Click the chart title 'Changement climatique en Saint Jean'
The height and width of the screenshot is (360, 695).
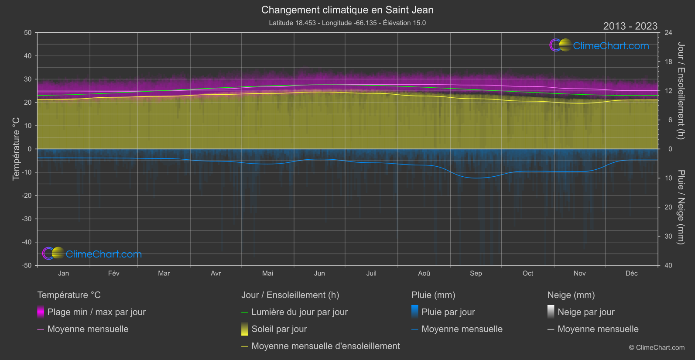tap(347, 10)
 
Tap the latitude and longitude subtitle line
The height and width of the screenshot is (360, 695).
tap(347, 23)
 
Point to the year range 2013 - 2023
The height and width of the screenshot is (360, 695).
tap(630, 26)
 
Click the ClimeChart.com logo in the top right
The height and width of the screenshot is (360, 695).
tap(599, 45)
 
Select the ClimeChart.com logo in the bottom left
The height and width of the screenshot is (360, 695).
tap(92, 254)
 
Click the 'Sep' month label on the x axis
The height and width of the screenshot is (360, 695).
tap(476, 273)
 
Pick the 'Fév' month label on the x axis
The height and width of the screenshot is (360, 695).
tap(113, 273)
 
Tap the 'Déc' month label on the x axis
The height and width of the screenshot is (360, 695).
tap(631, 273)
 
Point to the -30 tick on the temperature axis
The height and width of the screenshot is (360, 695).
tap(27, 219)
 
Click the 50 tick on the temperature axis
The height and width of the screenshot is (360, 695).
tap(28, 33)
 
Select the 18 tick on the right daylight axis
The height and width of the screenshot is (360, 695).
tap(668, 62)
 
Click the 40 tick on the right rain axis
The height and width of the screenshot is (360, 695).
tap(668, 265)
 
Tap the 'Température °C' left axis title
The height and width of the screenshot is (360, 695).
tap(16, 148)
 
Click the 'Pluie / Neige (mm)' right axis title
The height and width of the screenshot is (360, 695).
tap(681, 207)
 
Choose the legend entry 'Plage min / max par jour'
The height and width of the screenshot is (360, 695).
tap(96, 312)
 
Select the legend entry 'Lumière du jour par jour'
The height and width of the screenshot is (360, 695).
tap(299, 312)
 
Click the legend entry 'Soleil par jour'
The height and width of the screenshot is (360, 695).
tap(279, 329)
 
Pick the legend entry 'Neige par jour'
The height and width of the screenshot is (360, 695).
tap(585, 312)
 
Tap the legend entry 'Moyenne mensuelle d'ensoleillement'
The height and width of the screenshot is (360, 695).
tap(325, 346)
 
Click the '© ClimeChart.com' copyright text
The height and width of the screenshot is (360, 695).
tap(657, 347)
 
